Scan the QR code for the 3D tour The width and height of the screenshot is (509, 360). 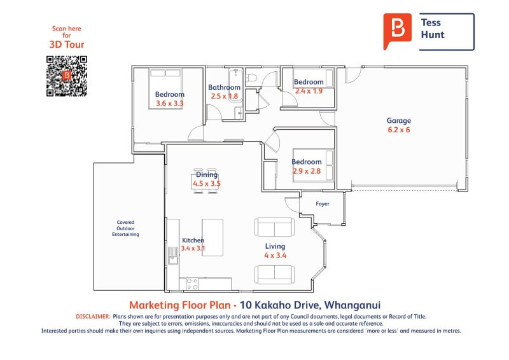point(67,76)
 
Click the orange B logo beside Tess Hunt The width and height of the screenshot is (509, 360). point(397,31)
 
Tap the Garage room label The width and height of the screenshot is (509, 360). point(399,120)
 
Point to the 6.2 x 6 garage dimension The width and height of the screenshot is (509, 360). point(399,130)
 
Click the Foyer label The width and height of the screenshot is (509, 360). point(323,204)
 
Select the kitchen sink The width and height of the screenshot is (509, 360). point(173,256)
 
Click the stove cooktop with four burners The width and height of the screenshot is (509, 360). point(192,284)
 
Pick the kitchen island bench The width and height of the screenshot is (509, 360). point(213,237)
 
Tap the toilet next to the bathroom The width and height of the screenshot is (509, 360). point(251,78)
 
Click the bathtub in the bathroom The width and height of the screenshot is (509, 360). point(235,85)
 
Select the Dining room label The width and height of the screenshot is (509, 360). point(206,175)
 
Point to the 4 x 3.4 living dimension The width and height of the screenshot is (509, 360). point(275,256)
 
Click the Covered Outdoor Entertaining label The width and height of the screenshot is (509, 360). point(125,228)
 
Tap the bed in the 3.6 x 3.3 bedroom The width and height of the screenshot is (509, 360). point(165,88)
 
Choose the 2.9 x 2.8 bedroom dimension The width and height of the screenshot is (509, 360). point(307,171)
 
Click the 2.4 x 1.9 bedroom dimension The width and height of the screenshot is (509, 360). point(309,91)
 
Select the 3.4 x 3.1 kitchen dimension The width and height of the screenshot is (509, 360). point(193,248)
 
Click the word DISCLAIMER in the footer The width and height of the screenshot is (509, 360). point(93,317)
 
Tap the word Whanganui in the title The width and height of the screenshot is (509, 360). point(352,305)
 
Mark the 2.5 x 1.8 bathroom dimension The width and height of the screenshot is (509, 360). point(225,96)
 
